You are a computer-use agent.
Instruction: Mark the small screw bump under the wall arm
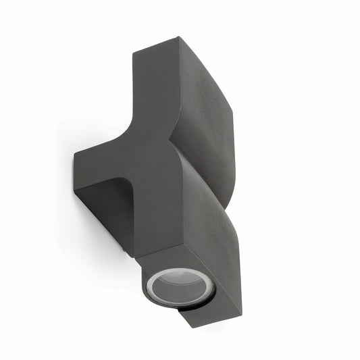124,253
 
